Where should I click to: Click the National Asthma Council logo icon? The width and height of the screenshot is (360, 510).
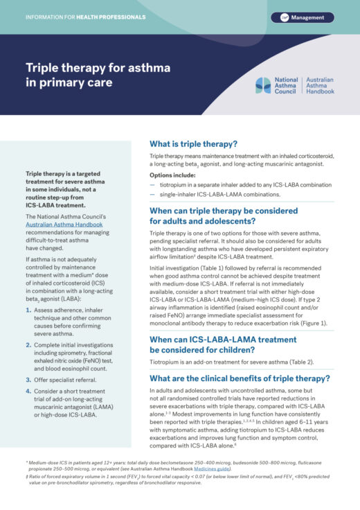(263, 85)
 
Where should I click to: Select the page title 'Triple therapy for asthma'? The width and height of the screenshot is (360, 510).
(98, 69)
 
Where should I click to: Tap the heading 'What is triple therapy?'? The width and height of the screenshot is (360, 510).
(193, 145)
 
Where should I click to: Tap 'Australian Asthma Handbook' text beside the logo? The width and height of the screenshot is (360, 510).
(320, 85)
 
